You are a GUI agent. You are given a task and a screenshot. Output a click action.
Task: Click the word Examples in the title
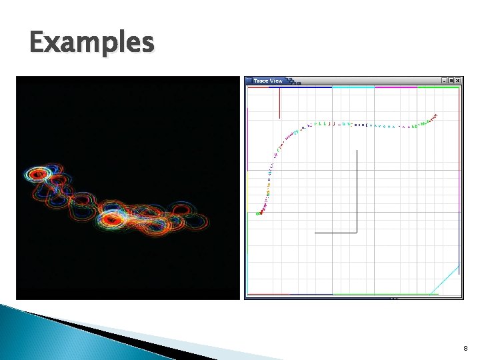click(91, 43)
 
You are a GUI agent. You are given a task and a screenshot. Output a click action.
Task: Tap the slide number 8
click(465, 348)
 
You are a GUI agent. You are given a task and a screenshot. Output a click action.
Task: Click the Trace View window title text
click(267, 81)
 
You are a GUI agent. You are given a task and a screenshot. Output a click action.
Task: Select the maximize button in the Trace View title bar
click(451, 81)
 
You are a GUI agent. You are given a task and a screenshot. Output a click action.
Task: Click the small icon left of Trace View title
click(249, 81)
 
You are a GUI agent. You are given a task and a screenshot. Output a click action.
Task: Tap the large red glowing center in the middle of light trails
click(111, 218)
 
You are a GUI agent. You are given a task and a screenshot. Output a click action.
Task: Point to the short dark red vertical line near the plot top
click(279, 103)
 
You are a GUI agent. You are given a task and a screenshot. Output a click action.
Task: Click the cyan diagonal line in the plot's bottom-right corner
click(445, 280)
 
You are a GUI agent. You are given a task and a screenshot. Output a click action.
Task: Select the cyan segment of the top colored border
click(353, 87)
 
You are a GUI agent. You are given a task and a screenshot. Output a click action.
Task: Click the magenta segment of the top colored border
click(396, 87)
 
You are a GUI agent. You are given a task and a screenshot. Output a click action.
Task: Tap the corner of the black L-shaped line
click(357, 232)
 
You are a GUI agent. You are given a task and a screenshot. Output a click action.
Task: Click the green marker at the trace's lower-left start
click(259, 213)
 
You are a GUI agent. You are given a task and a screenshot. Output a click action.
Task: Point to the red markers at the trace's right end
click(435, 117)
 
